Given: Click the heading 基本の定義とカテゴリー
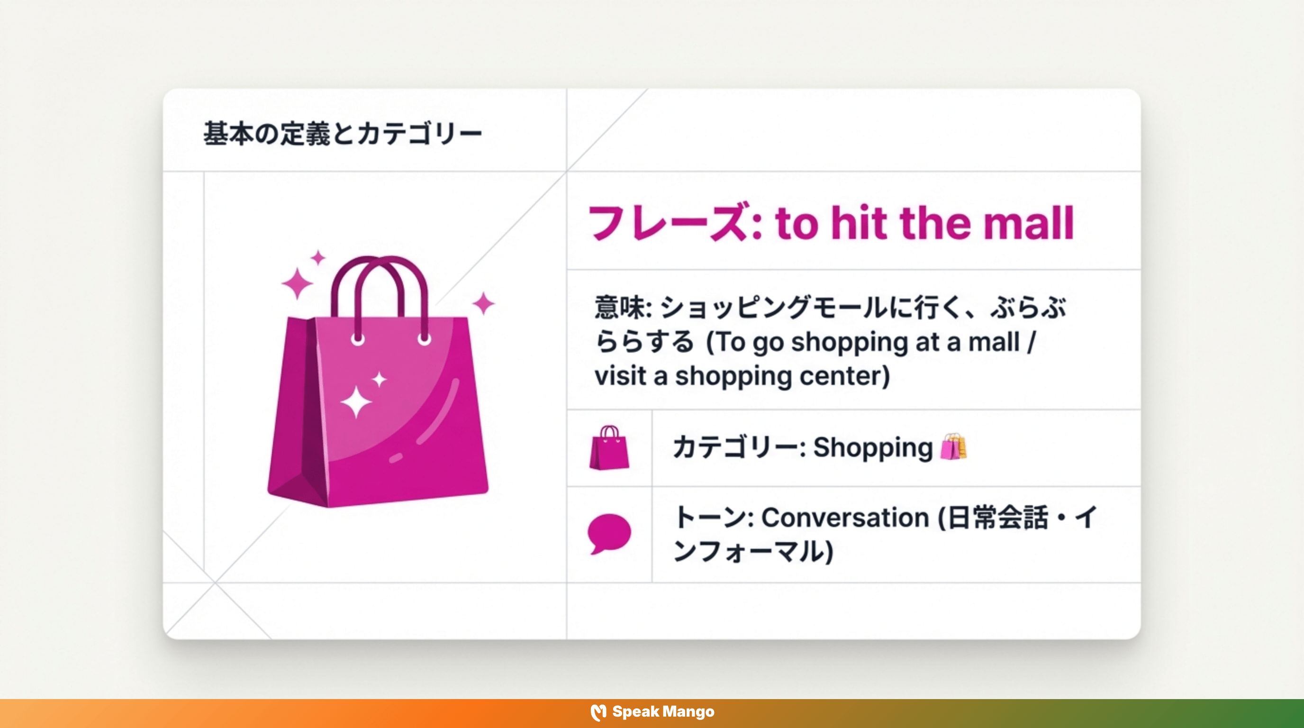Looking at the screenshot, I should click(x=342, y=134).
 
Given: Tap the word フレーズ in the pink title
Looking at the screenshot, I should click(x=667, y=223).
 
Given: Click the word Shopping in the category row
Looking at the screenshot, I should click(x=873, y=448).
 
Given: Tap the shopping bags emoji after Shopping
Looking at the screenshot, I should click(x=953, y=447).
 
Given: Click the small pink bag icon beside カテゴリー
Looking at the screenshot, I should click(x=609, y=448).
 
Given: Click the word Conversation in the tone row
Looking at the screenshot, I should click(x=845, y=518).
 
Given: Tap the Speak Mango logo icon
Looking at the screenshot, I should click(x=598, y=712).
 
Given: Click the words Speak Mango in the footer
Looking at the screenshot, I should click(x=663, y=712).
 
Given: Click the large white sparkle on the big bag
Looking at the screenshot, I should click(x=355, y=402).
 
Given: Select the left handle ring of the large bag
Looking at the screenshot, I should click(x=358, y=339).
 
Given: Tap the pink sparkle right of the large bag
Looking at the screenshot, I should click(x=483, y=303).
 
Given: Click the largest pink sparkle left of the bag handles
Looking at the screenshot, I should click(x=297, y=284).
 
